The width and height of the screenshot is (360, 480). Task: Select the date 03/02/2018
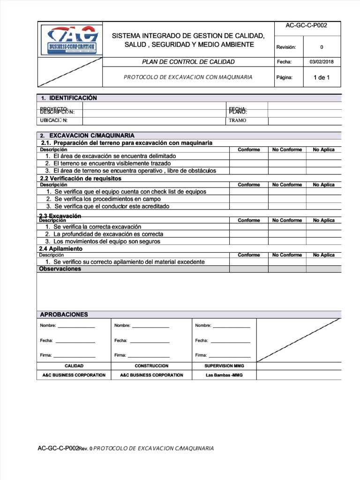coord(321,61)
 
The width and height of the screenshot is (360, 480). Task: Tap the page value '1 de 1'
coord(321,77)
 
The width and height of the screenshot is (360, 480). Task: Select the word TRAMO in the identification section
coord(238,120)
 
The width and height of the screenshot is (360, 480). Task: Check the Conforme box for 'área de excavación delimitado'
coord(248,156)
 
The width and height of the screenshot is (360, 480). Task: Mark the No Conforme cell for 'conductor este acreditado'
coord(287,206)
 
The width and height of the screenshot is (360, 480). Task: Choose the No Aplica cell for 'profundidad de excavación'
coord(323,234)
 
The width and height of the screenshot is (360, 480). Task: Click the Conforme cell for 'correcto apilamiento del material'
coord(248,262)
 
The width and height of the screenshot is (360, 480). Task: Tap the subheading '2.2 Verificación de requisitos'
coord(81,179)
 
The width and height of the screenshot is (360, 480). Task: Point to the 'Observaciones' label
coord(60,269)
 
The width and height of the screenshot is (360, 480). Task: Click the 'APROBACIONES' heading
coord(64,314)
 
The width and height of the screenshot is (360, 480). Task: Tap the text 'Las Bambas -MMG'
coord(224,375)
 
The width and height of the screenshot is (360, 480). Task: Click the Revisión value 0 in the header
coord(321,47)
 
